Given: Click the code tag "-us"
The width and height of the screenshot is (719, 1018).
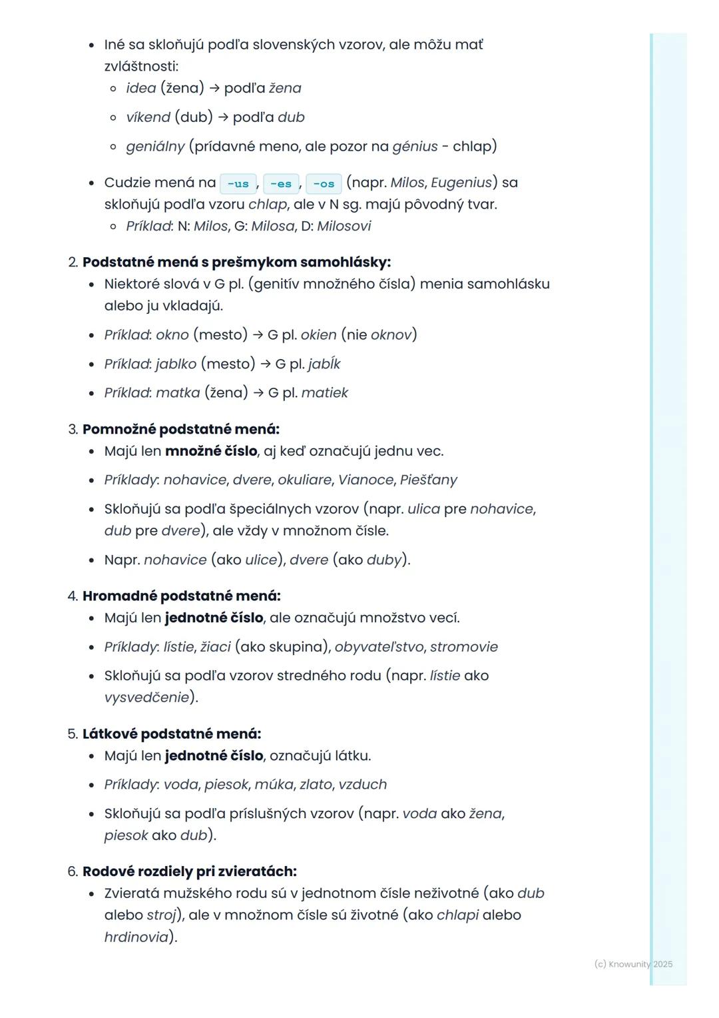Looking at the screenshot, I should tap(238, 184).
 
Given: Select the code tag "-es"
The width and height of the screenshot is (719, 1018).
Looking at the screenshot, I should tap(280, 184).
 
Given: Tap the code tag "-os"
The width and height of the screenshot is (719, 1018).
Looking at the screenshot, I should tap(324, 184).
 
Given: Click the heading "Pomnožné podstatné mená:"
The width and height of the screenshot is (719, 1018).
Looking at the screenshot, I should tap(180, 429).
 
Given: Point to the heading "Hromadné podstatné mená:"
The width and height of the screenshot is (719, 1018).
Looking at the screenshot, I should tap(181, 596).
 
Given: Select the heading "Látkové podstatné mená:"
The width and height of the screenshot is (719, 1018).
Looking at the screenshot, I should tap(172, 734).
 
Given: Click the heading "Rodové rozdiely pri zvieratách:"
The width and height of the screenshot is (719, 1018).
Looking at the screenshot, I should tap(190, 871).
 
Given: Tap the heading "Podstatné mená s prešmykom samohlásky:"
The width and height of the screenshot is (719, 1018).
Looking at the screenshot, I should tap(236, 262).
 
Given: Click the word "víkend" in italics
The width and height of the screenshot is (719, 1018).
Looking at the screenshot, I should tap(148, 117).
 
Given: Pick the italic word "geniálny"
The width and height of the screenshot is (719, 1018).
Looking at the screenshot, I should tap(155, 147).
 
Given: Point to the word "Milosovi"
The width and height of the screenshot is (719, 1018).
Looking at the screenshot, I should tap(344, 226).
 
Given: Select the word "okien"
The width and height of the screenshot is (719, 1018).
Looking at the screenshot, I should tap(318, 334).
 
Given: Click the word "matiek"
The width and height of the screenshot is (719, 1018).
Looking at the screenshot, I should tap(325, 393).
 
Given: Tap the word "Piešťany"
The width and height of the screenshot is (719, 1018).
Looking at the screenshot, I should tap(429, 480).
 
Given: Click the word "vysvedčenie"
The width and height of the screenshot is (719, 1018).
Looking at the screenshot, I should tap(146, 698).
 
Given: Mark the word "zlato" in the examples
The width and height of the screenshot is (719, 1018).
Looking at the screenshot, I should tap(316, 785).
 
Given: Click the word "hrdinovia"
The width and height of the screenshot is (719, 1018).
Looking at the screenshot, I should tap(136, 937).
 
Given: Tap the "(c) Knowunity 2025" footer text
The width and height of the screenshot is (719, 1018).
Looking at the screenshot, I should tap(633, 964).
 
